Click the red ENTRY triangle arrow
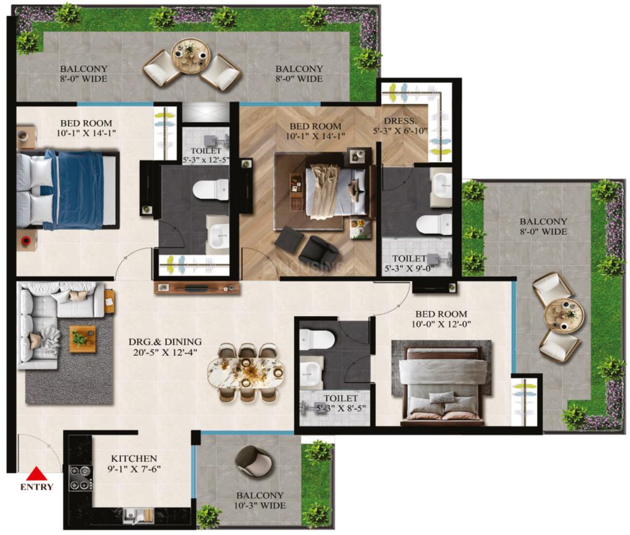click(x=36, y=473)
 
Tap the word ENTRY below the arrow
click(x=36, y=487)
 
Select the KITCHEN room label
click(x=134, y=458)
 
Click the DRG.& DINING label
click(x=165, y=342)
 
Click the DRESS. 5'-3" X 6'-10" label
click(x=400, y=126)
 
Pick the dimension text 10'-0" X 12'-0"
click(x=441, y=324)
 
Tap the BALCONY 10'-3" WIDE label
click(x=260, y=501)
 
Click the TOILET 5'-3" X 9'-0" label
click(x=410, y=263)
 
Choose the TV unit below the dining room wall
click(x=196, y=288)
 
